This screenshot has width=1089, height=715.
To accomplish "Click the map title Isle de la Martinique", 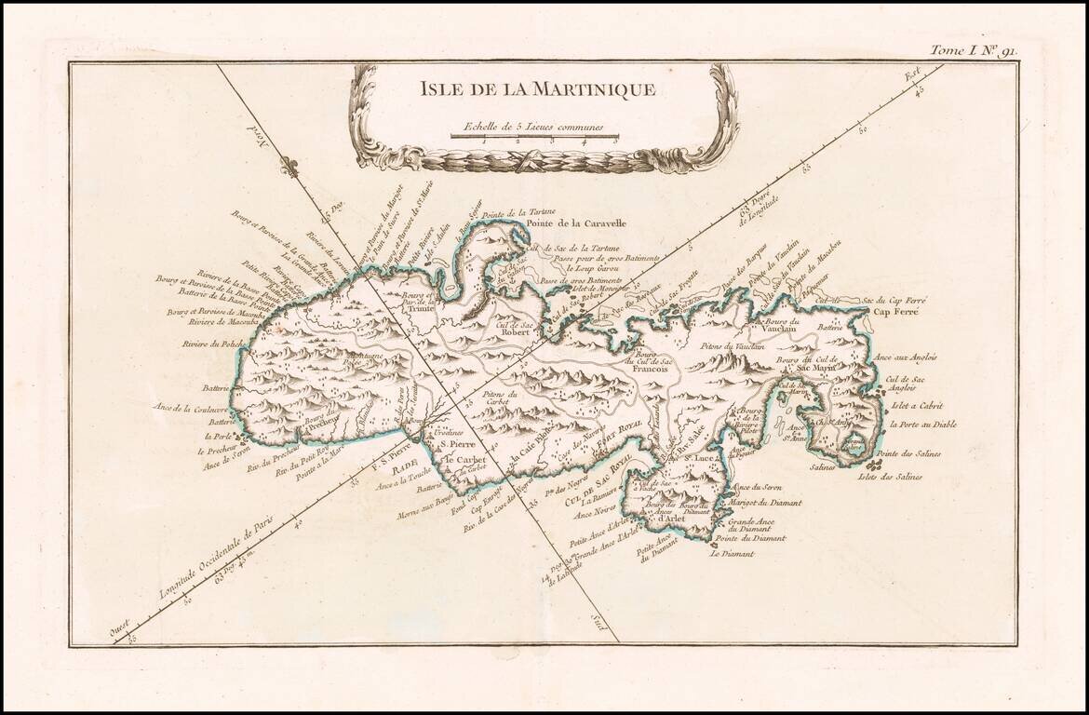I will [x=538, y=90].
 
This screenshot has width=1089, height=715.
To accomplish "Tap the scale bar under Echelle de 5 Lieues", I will [x=534, y=138].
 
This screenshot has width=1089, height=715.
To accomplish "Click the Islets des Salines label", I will [x=891, y=477].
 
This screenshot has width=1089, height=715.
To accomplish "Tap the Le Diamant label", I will [x=731, y=554].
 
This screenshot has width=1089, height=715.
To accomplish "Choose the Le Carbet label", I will [x=460, y=459].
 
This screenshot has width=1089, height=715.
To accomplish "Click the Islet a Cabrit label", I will [x=917, y=406].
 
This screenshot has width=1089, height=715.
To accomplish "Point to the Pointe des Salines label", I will [x=908, y=453].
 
